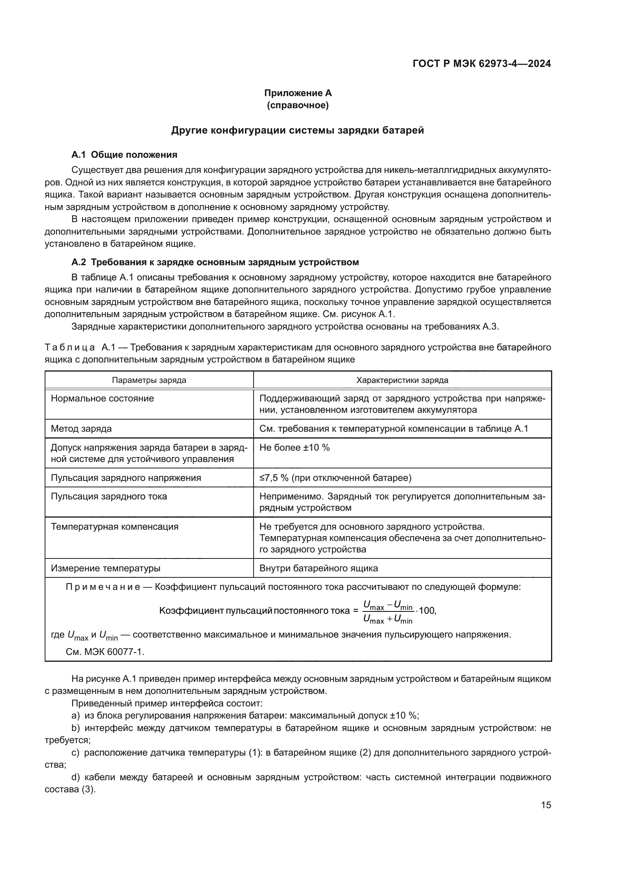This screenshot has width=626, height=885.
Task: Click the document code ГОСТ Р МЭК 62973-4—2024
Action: pyautogui.click(x=481, y=64)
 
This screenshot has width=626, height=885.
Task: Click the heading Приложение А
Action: pyautogui.click(x=297, y=93)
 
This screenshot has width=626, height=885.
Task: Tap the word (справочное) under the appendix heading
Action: pyautogui.click(x=297, y=105)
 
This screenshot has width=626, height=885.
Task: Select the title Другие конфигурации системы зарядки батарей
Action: pyautogui.click(x=297, y=130)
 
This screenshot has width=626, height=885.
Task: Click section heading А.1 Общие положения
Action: pyautogui.click(x=124, y=155)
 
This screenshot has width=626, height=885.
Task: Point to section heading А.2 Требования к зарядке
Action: pyautogui.click(x=215, y=262)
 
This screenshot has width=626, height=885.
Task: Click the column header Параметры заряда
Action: pyautogui.click(x=149, y=380)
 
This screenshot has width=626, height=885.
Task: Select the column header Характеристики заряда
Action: pyautogui.click(x=402, y=380)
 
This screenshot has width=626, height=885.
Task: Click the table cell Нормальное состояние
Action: pyautogui.click(x=102, y=398)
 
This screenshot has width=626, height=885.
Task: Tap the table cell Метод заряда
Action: pyautogui.click(x=81, y=428)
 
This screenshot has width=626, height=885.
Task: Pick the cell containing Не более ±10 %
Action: pyautogui.click(x=294, y=448)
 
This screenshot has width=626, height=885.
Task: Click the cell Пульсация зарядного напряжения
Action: pyautogui.click(x=126, y=477)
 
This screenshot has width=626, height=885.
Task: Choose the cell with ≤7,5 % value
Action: pyautogui.click(x=335, y=477)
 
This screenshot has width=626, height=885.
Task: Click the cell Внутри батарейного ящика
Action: pyautogui.click(x=318, y=568)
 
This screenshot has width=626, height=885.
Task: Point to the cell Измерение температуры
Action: pyautogui.click(x=106, y=568)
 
